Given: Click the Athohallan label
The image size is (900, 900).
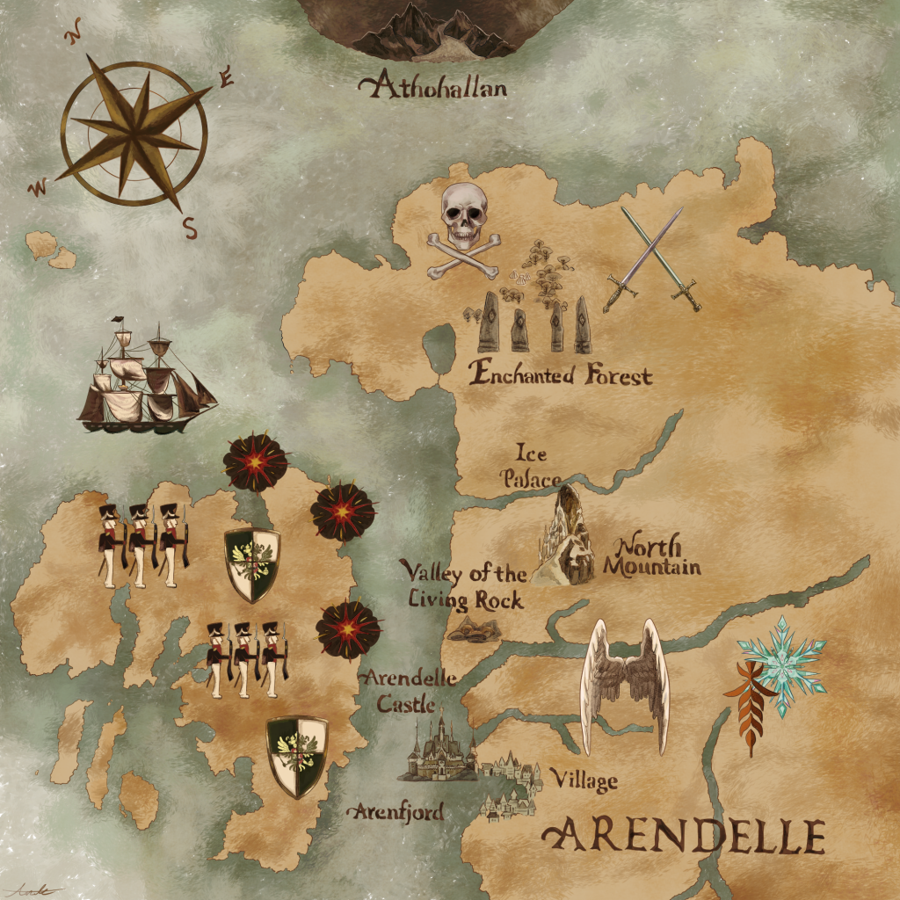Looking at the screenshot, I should [x=433, y=87].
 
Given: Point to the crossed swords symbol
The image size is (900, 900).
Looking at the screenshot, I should [x=652, y=258].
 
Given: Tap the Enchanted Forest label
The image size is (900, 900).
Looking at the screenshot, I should [x=562, y=374].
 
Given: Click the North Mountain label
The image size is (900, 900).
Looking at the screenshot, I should [x=651, y=556].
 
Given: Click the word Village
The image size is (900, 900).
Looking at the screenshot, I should [x=583, y=780].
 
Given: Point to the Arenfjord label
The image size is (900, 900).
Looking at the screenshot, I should [x=395, y=812].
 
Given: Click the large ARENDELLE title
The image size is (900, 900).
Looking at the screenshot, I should [x=685, y=836].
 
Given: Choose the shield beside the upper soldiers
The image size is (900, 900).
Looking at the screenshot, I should [x=252, y=565].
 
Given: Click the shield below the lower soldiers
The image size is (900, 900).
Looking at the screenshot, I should [x=297, y=756].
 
